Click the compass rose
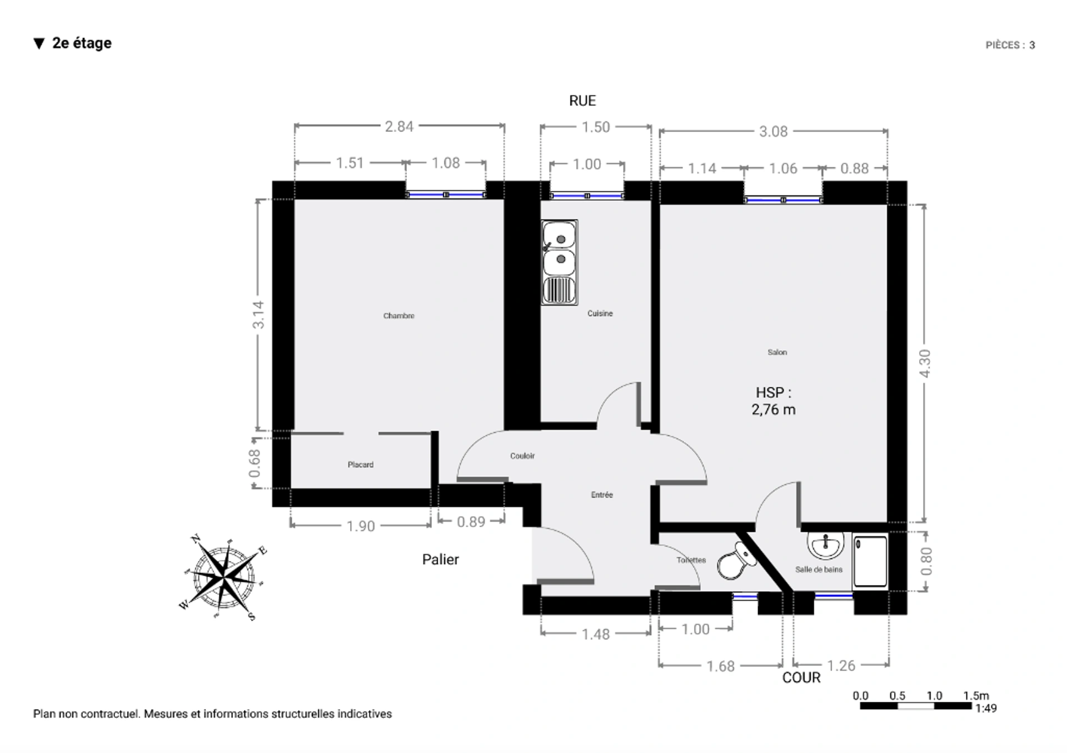pos(224,577)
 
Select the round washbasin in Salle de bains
pos(825,546)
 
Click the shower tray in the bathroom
pos(870,561)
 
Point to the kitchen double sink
pos(560,262)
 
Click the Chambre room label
pos(398,316)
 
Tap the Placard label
pos(361,464)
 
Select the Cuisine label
pos(600,314)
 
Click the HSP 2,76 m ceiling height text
pos(774,401)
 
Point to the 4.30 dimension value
pos(925,363)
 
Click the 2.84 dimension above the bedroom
pos(399,127)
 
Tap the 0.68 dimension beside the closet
pos(255,463)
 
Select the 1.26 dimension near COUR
pos(841,666)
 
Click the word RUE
pos(582,101)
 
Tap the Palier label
pos(440,559)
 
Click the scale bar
pos(916,706)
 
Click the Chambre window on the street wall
pos(446,195)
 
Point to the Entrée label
pos(602,494)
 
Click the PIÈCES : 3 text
pos(1010,45)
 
